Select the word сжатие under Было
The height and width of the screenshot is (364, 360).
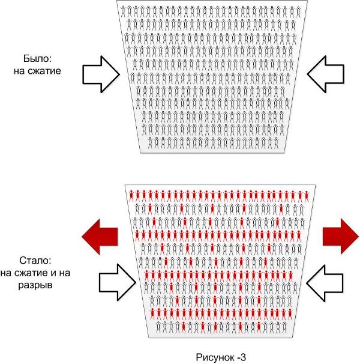click(46, 71)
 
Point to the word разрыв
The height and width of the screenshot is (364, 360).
click(35, 285)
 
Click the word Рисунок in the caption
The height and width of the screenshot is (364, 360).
click(214, 357)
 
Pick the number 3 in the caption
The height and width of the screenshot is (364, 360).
click(243, 357)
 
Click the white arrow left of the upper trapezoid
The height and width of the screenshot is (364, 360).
click(101, 74)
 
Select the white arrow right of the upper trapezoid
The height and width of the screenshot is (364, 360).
click(325, 74)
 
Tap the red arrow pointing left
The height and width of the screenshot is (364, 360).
click(100, 237)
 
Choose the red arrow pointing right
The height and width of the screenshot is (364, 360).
click(341, 236)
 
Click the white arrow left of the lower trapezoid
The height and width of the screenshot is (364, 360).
click(118, 282)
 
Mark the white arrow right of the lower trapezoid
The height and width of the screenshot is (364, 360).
click(325, 284)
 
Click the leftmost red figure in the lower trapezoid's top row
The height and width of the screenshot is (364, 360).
click(131, 195)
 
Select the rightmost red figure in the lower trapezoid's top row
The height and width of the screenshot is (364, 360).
click(307, 196)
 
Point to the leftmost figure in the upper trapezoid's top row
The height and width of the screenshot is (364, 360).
click(123, 11)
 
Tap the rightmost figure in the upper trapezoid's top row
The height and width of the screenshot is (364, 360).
click(299, 12)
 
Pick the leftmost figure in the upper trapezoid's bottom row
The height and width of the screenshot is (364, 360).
click(151, 142)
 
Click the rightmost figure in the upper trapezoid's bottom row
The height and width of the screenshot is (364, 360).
click(276, 142)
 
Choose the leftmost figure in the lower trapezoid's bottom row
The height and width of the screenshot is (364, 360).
click(158, 327)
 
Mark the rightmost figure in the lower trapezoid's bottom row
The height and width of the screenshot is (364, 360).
click(284, 327)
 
